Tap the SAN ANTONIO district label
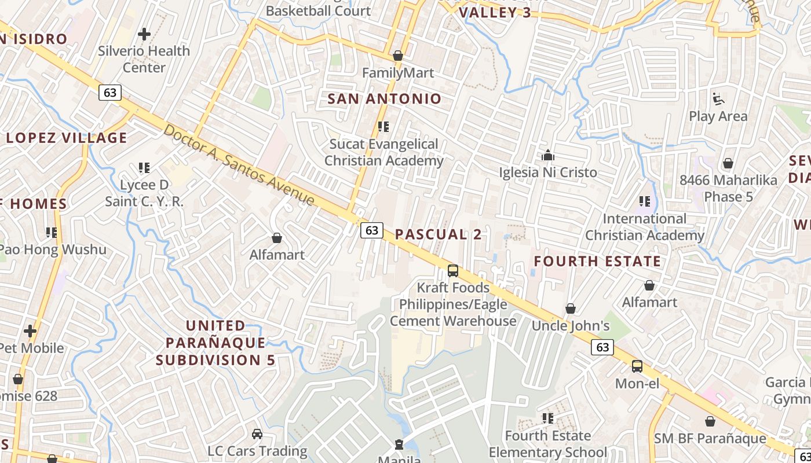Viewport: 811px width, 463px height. [385, 98]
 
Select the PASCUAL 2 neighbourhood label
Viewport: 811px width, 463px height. [439, 234]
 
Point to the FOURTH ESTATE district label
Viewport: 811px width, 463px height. [597, 261]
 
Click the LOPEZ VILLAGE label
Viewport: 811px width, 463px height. [66, 138]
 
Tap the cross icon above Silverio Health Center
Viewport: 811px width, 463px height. [144, 34]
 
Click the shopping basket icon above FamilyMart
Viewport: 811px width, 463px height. [398, 56]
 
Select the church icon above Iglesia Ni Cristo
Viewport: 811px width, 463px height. [547, 155]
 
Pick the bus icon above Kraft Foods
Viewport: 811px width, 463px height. [453, 270]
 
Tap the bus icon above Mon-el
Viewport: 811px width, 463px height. [637, 366]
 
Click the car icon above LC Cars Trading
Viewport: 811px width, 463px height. [257, 433]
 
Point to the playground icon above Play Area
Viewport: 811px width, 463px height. [718, 99]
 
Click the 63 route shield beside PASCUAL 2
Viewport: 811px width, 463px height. [371, 230]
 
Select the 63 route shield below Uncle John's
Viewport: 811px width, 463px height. [602, 347]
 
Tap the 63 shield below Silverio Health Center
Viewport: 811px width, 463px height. [109, 92]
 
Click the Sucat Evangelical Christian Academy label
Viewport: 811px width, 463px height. [383, 152]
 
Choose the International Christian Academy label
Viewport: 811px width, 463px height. [644, 227]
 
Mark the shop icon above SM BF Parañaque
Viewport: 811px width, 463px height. [710, 421]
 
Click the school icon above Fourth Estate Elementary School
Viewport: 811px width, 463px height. [547, 418]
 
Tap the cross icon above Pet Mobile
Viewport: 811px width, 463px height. [30, 331]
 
